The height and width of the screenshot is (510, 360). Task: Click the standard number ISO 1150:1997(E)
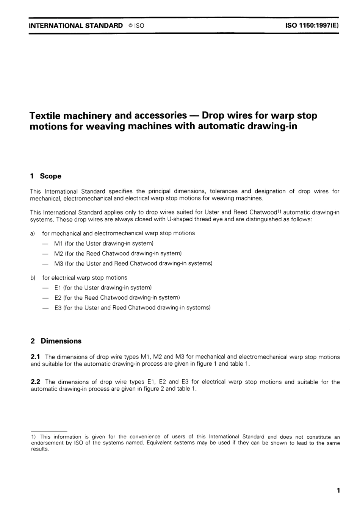(x=311, y=26)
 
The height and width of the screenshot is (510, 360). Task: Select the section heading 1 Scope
(x=45, y=176)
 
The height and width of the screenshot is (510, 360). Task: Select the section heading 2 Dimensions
(x=56, y=341)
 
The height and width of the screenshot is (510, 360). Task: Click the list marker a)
(x=33, y=233)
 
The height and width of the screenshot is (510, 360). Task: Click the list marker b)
(x=33, y=278)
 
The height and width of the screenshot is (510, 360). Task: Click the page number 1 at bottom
(x=338, y=491)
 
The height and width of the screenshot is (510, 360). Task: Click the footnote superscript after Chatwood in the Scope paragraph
(x=280, y=211)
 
